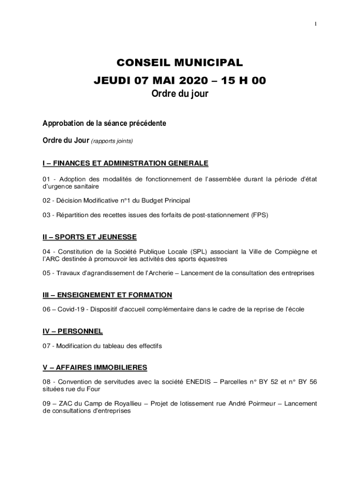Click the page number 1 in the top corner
316,24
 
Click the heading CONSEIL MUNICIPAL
180,63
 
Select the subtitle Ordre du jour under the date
180,94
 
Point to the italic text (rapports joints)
112,141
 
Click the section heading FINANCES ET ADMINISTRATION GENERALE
130,163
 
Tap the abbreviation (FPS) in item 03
259,215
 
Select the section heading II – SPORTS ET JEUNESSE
89,237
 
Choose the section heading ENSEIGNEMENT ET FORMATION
115,295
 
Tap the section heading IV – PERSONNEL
72,331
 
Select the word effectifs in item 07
149,346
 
